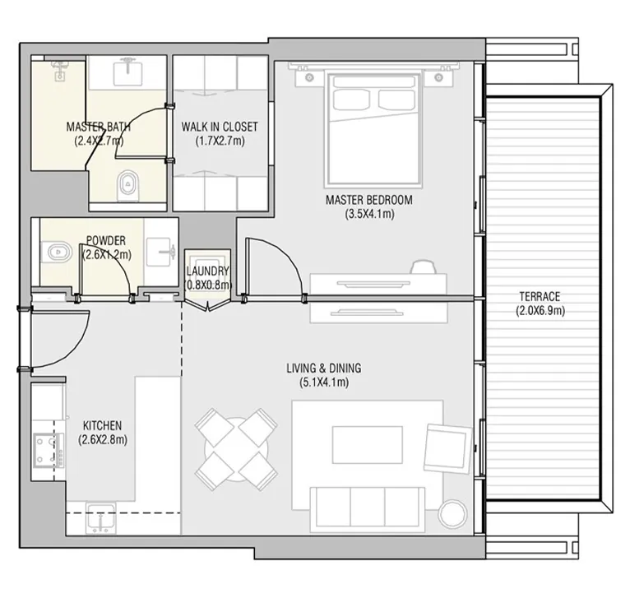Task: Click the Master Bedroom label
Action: [x=368, y=200]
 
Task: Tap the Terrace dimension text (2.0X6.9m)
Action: [x=540, y=311]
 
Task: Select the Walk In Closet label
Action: [x=220, y=127]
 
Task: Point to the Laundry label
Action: [x=208, y=271]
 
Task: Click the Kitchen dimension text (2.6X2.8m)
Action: [x=103, y=440]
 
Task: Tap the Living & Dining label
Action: [x=324, y=369]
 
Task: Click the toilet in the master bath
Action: [x=128, y=186]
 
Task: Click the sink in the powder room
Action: [x=160, y=252]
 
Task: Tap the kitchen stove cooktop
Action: [x=49, y=450]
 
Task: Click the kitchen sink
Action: [x=101, y=518]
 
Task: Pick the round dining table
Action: [x=236, y=449]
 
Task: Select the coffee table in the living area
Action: [x=368, y=444]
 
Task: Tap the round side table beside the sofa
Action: [x=453, y=513]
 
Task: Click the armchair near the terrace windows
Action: [x=447, y=447]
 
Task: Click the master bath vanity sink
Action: [x=127, y=72]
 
